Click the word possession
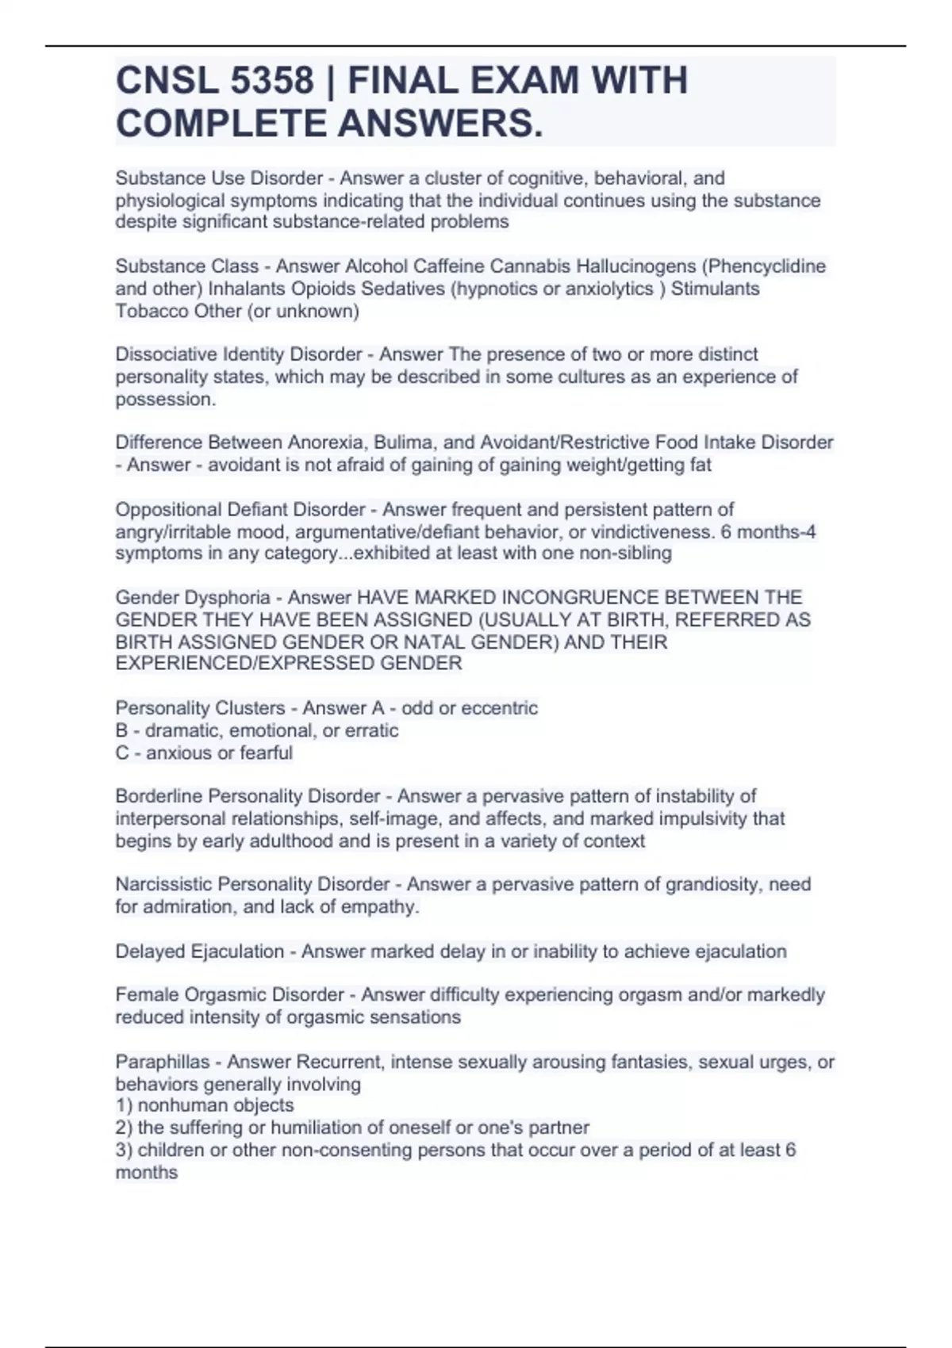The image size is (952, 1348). (164, 400)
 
